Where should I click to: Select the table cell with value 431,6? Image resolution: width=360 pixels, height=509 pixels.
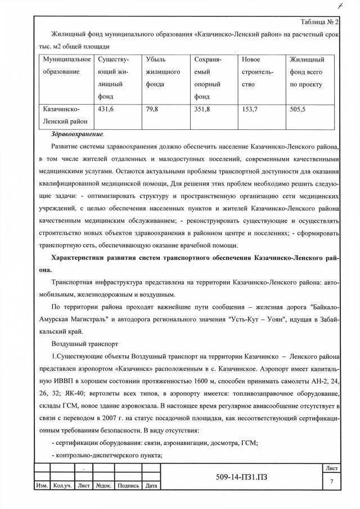106,110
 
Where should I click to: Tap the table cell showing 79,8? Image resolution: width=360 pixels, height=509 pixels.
152,110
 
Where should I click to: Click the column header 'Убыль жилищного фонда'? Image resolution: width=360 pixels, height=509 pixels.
163,72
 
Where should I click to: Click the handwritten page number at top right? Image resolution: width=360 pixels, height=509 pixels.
341,7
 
